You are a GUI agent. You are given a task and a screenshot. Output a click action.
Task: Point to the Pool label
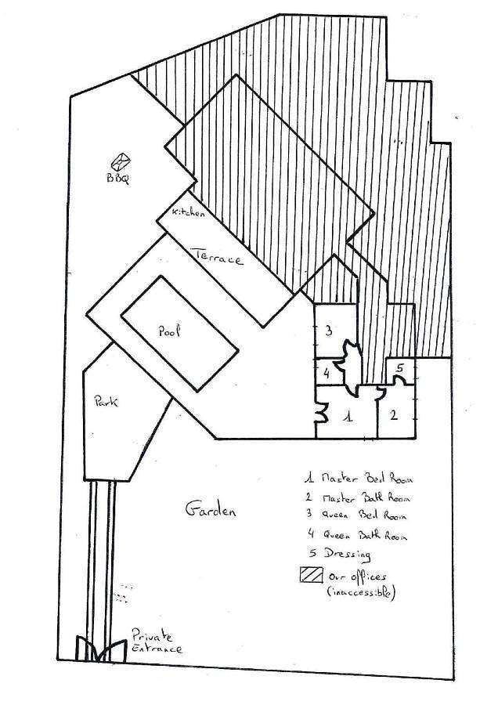pos(170,331)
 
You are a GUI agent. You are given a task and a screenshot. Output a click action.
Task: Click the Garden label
pos(209,510)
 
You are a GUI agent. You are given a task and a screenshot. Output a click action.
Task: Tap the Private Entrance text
pos(156,642)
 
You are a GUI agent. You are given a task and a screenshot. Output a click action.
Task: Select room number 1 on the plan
pos(349,418)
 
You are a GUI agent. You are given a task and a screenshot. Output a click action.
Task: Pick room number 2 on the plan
pos(394,414)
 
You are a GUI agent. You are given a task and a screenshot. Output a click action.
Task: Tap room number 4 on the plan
pos(325,373)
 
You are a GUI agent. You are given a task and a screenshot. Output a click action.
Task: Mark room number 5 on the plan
pos(399,367)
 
